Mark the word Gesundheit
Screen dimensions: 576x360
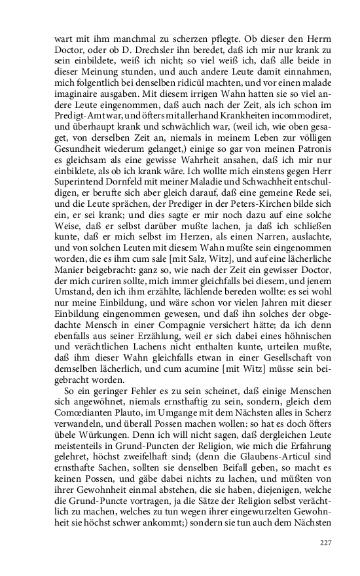tap(78, 168)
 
